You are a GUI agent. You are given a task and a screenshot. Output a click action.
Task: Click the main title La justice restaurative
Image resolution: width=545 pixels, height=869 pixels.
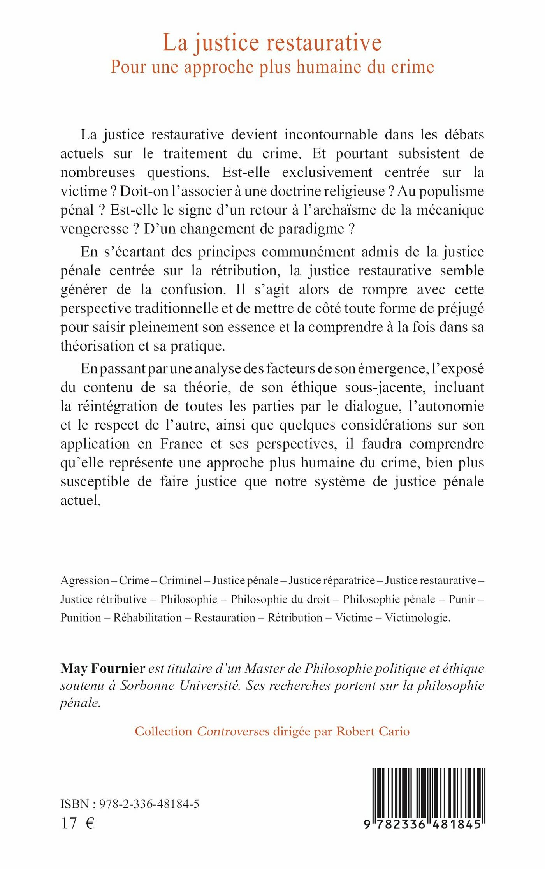click(272, 42)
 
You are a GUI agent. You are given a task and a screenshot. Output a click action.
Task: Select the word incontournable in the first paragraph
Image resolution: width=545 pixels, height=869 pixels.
click(331, 135)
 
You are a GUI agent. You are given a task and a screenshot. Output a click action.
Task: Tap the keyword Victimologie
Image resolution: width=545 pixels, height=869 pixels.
click(417, 618)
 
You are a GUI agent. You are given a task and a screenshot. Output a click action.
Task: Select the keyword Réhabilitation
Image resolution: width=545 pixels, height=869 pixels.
click(148, 618)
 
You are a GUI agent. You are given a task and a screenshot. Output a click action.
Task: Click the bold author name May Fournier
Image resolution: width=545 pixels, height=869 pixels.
click(103, 668)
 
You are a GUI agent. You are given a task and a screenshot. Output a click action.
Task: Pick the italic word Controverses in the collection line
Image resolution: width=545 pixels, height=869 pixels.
click(233, 732)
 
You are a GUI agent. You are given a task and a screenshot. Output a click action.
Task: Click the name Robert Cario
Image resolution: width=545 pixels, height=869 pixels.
click(373, 732)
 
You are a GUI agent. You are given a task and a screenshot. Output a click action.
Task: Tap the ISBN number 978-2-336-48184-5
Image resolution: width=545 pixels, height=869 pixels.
click(149, 804)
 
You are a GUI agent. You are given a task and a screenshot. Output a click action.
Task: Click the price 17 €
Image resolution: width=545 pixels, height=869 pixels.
click(77, 823)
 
